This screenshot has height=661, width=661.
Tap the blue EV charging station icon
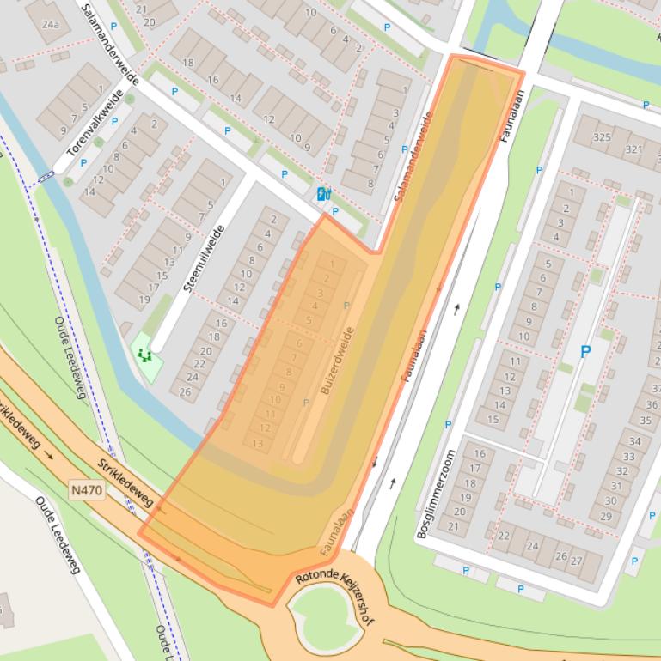(x=323, y=194)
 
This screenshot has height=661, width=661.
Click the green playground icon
(x=143, y=353)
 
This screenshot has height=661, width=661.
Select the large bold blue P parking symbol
(x=585, y=351)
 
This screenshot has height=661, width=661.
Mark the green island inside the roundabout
(x=324, y=615)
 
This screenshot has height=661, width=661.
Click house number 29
(x=606, y=516)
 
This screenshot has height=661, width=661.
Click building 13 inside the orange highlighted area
(x=258, y=443)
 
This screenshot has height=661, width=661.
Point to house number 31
(x=616, y=485)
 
